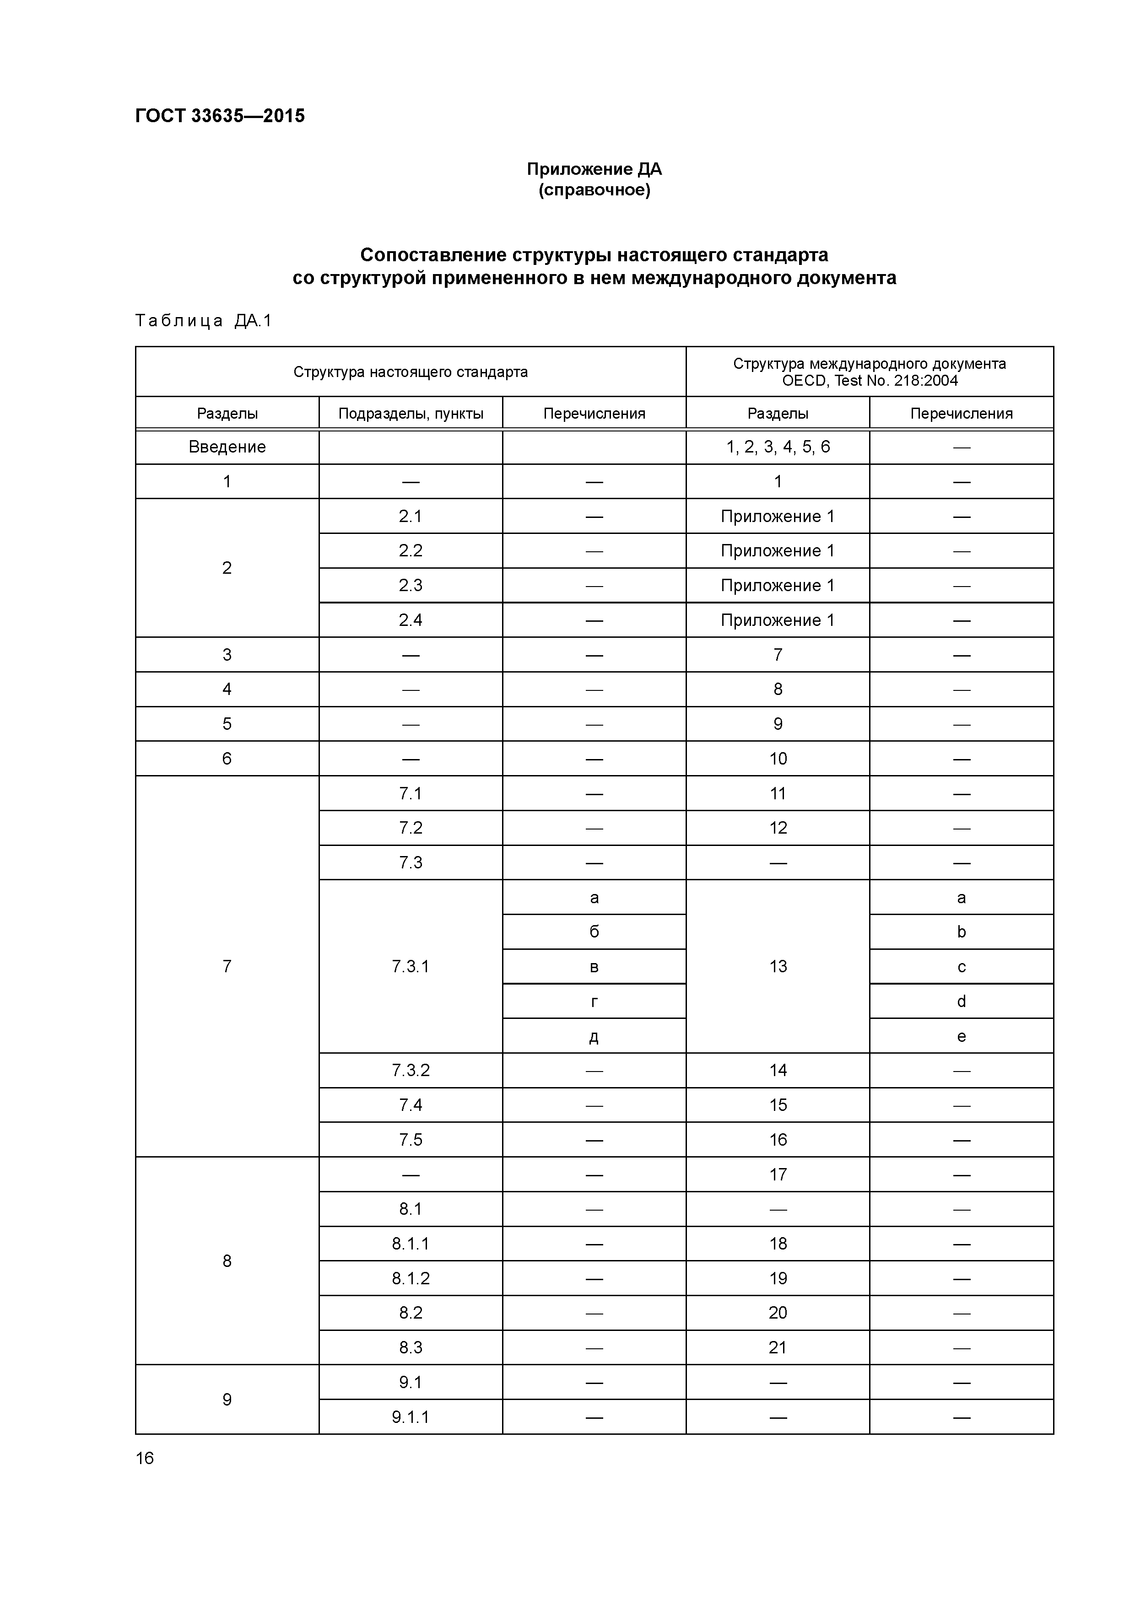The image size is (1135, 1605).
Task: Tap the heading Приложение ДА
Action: (594, 169)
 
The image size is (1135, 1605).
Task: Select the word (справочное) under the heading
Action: (594, 190)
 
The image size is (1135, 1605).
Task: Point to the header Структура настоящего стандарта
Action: (411, 372)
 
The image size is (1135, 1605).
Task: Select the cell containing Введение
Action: (227, 447)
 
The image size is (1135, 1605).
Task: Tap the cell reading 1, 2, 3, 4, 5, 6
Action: (778, 447)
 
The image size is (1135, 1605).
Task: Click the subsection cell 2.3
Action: (411, 585)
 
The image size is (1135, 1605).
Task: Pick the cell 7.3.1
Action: (411, 966)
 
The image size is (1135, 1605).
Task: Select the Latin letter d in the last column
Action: (961, 1001)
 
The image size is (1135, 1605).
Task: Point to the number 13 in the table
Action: (778, 966)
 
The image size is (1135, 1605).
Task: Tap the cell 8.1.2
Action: (411, 1278)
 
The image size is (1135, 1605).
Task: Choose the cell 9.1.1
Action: (411, 1417)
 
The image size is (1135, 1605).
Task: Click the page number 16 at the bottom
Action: (145, 1458)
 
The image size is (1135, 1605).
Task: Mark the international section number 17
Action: (778, 1174)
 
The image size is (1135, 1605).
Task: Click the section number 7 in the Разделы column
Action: (227, 966)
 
